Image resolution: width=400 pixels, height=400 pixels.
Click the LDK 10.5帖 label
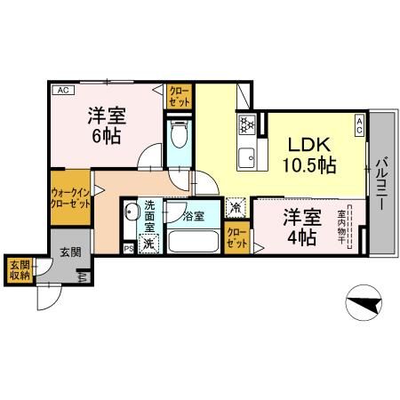click(x=309, y=155)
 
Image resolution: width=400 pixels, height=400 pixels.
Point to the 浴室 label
click(x=194, y=215)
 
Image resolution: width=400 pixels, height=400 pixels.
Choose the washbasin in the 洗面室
click(x=131, y=213)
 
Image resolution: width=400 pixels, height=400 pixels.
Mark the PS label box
click(x=128, y=248)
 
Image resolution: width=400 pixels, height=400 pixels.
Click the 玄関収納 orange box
click(x=19, y=269)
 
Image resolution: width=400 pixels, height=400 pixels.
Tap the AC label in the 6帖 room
click(x=62, y=91)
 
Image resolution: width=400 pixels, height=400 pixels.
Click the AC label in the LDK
click(x=360, y=124)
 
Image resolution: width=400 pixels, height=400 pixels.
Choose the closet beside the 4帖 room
click(x=236, y=236)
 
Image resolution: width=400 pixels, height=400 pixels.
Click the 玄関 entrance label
click(x=70, y=252)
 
